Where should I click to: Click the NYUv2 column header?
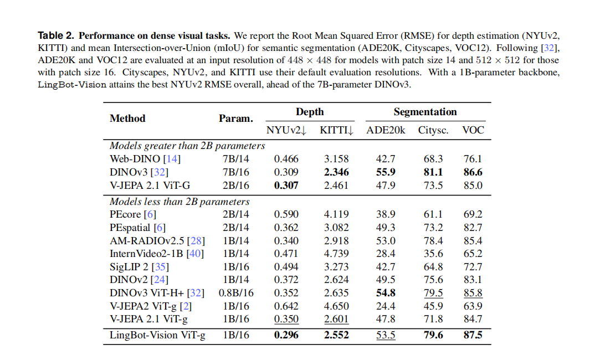(286, 130)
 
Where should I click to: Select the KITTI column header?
(337, 130)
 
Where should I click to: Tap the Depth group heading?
(310, 112)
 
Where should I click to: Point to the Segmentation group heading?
(425, 112)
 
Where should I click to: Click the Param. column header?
(235, 119)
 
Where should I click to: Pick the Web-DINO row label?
(145, 159)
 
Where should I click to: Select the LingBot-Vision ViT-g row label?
(157, 335)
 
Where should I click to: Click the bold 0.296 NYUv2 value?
(286, 335)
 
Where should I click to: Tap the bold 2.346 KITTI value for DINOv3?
(336, 172)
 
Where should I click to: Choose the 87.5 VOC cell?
(473, 335)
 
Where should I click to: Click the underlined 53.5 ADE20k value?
(386, 335)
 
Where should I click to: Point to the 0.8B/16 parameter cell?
(236, 293)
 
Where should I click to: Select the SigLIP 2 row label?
(139, 267)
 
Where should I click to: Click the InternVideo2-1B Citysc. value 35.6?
(433, 254)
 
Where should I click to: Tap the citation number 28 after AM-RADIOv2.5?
(196, 241)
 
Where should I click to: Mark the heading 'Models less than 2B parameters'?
(179, 202)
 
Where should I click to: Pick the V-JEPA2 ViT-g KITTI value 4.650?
(336, 306)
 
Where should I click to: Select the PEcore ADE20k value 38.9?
(386, 214)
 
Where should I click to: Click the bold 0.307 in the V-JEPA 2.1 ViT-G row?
(286, 186)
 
